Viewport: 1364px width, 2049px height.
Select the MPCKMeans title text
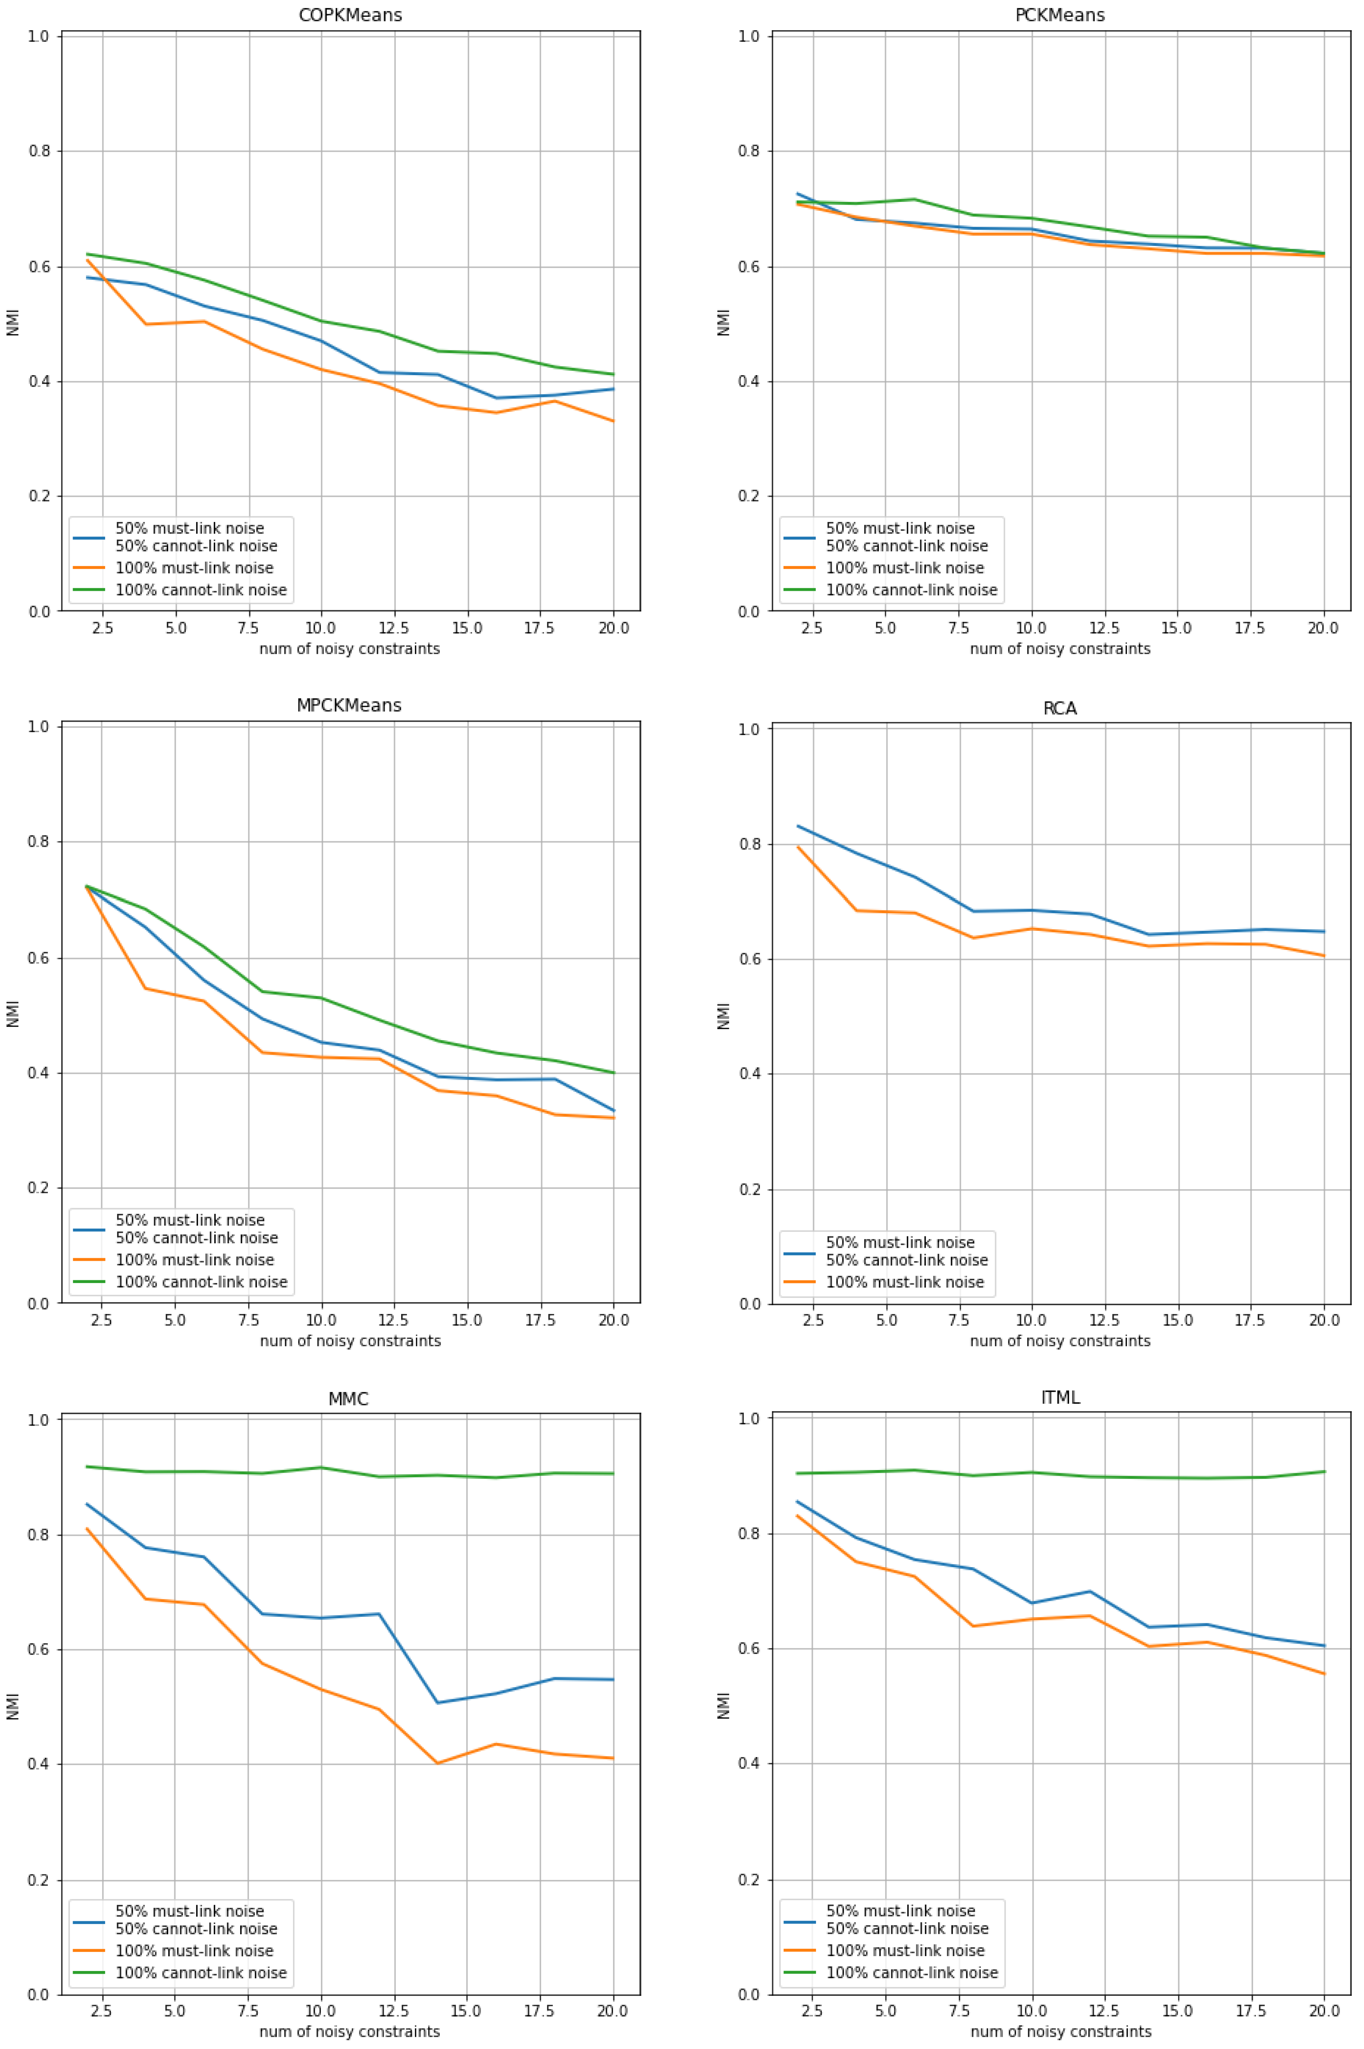[x=349, y=705]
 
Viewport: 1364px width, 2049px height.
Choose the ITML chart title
[x=1060, y=1398]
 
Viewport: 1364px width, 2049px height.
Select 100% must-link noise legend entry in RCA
[x=905, y=1282]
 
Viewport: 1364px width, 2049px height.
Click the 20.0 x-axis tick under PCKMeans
[x=1323, y=628]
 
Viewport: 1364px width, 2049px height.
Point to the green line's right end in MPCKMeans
[x=613, y=1072]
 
